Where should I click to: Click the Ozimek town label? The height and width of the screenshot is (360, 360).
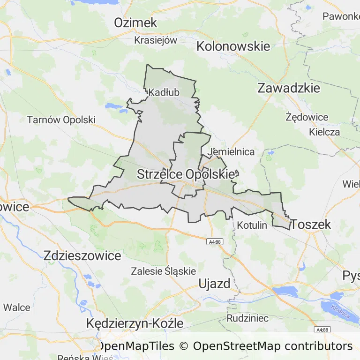(135, 22)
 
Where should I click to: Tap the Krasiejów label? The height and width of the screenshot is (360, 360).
(156, 40)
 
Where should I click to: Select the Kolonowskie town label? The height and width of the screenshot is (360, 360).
(233, 46)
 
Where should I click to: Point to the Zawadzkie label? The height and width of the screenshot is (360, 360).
(289, 88)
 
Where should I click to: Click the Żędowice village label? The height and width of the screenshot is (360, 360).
(307, 117)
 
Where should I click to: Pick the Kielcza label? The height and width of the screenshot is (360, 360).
(324, 132)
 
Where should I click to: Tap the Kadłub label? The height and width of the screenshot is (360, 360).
(164, 93)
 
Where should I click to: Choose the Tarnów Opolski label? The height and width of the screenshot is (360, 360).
(61, 120)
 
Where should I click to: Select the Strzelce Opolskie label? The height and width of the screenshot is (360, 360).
(185, 174)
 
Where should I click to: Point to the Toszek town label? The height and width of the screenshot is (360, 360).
(311, 225)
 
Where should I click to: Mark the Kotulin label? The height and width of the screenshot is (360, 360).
(252, 225)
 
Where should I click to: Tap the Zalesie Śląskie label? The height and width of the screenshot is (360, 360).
(163, 271)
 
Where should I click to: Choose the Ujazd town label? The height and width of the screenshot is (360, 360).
(214, 284)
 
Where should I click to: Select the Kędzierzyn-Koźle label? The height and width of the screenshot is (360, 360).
(135, 323)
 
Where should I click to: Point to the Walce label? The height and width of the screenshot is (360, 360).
(16, 308)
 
